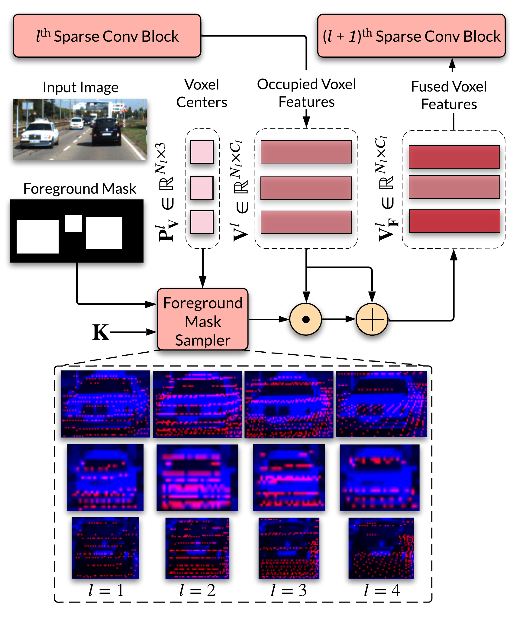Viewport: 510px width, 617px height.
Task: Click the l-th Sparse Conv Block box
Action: pyautogui.click(x=107, y=36)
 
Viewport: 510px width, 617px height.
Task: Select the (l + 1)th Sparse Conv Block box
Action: pyautogui.click(x=412, y=36)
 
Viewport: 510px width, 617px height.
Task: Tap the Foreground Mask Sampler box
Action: pyautogui.click(x=203, y=319)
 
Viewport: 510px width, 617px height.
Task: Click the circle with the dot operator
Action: pyautogui.click(x=306, y=319)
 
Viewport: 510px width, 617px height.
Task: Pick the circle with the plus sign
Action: pyautogui.click(x=372, y=319)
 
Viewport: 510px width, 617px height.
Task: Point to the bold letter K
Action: pyautogui.click(x=101, y=332)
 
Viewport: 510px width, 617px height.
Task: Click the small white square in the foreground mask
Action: pyautogui.click(x=73, y=223)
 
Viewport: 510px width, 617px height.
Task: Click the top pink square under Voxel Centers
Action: pyautogui.click(x=202, y=152)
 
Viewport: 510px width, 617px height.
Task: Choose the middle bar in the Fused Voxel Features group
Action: pyautogui.click(x=454, y=187)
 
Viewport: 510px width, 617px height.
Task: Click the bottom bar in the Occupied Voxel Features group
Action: pyautogui.click(x=306, y=222)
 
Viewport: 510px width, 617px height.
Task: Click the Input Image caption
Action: pyautogui.click(x=80, y=87)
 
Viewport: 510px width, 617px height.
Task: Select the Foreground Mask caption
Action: pyautogui.click(x=80, y=189)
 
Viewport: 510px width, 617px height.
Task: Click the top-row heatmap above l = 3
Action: pyautogui.click(x=289, y=405)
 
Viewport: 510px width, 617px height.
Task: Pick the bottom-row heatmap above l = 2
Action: pyautogui.click(x=197, y=548)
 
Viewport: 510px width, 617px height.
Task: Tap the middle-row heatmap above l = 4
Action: pyautogui.click(x=379, y=478)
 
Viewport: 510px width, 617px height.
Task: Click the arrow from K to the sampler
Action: pyautogui.click(x=133, y=332)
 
